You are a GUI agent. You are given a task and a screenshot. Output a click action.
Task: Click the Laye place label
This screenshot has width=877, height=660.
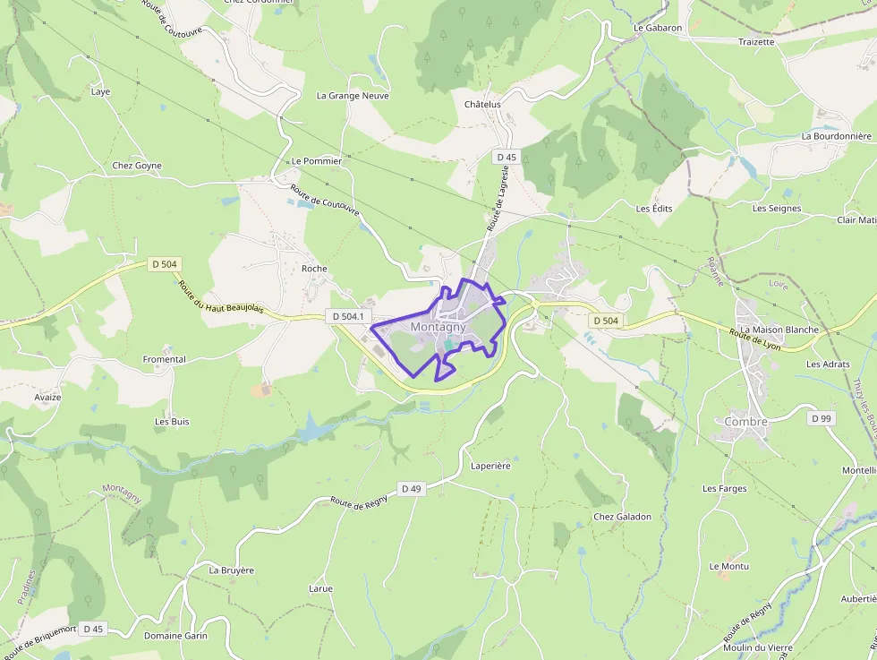pyautogui.click(x=101, y=91)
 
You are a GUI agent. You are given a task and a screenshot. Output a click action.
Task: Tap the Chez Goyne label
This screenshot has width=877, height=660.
pyautogui.click(x=137, y=166)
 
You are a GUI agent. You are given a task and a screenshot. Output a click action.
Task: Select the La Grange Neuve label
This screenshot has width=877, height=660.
pyautogui.click(x=353, y=96)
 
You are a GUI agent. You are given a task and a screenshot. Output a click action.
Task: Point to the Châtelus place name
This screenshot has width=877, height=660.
pyautogui.click(x=482, y=105)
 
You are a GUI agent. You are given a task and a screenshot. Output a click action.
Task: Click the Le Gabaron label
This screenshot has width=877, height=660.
pyautogui.click(x=658, y=28)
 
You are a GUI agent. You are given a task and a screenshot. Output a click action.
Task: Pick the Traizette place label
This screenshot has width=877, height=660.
pyautogui.click(x=757, y=42)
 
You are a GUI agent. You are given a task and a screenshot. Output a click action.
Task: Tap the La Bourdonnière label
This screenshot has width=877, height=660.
pyautogui.click(x=837, y=136)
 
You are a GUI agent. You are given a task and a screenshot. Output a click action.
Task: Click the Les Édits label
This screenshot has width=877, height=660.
pyautogui.click(x=654, y=208)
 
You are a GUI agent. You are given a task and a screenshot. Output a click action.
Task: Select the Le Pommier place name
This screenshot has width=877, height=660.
pyautogui.click(x=317, y=161)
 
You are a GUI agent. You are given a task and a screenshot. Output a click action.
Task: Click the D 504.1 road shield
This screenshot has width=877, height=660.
pyautogui.click(x=348, y=316)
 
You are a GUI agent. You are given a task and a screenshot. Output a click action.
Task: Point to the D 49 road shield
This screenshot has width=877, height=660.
pyautogui.click(x=411, y=489)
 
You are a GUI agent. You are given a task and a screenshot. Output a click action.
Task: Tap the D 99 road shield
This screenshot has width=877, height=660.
pyautogui.click(x=821, y=418)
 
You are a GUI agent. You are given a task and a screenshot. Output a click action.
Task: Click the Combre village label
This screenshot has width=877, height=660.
pyautogui.click(x=746, y=422)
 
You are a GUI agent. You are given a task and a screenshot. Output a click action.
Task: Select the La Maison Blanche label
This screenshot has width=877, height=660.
pyautogui.click(x=779, y=330)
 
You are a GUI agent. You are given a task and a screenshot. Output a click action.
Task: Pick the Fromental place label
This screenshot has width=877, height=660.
pyautogui.click(x=165, y=359)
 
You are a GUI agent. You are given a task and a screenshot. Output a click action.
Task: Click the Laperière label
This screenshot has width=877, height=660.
pyautogui.click(x=490, y=466)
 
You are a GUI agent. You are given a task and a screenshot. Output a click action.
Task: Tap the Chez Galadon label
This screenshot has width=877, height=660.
pyautogui.click(x=623, y=517)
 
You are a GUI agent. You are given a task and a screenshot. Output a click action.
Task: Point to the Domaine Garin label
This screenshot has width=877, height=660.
pyautogui.click(x=175, y=636)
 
